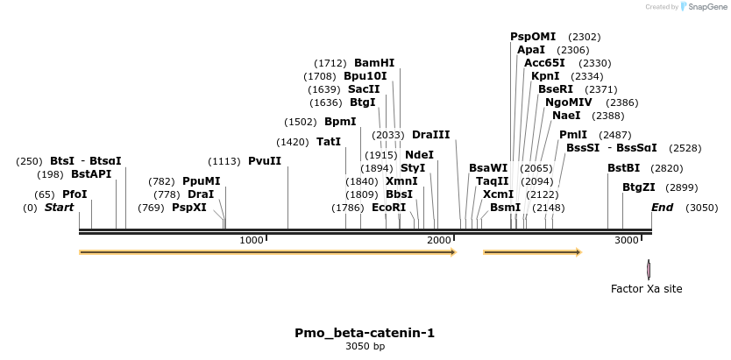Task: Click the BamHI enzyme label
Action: (x=374, y=63)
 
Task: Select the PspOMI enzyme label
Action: (x=533, y=37)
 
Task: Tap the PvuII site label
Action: (x=265, y=161)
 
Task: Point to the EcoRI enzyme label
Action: (x=389, y=208)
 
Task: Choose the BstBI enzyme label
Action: (x=624, y=168)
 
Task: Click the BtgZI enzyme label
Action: (x=639, y=187)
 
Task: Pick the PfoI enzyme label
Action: (x=75, y=194)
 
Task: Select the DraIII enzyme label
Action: (x=430, y=135)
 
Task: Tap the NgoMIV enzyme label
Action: (x=569, y=102)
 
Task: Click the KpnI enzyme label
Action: (x=545, y=76)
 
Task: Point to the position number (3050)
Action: (x=701, y=208)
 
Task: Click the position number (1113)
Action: (x=224, y=161)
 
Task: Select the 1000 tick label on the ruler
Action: (x=252, y=240)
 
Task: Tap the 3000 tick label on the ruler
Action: (x=626, y=240)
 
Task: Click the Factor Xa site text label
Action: (x=646, y=289)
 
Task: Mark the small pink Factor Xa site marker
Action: (x=649, y=269)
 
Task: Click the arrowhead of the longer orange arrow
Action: (x=453, y=252)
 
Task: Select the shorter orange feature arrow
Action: (x=532, y=252)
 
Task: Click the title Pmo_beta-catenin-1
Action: (x=365, y=333)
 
